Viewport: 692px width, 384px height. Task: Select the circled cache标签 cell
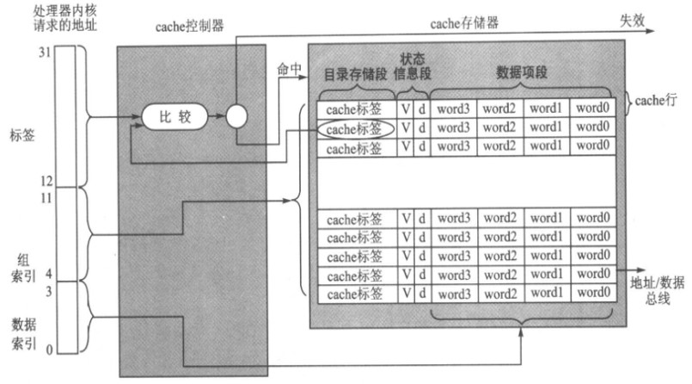coord(353,128)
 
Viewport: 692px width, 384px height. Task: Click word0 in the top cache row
coord(594,109)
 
